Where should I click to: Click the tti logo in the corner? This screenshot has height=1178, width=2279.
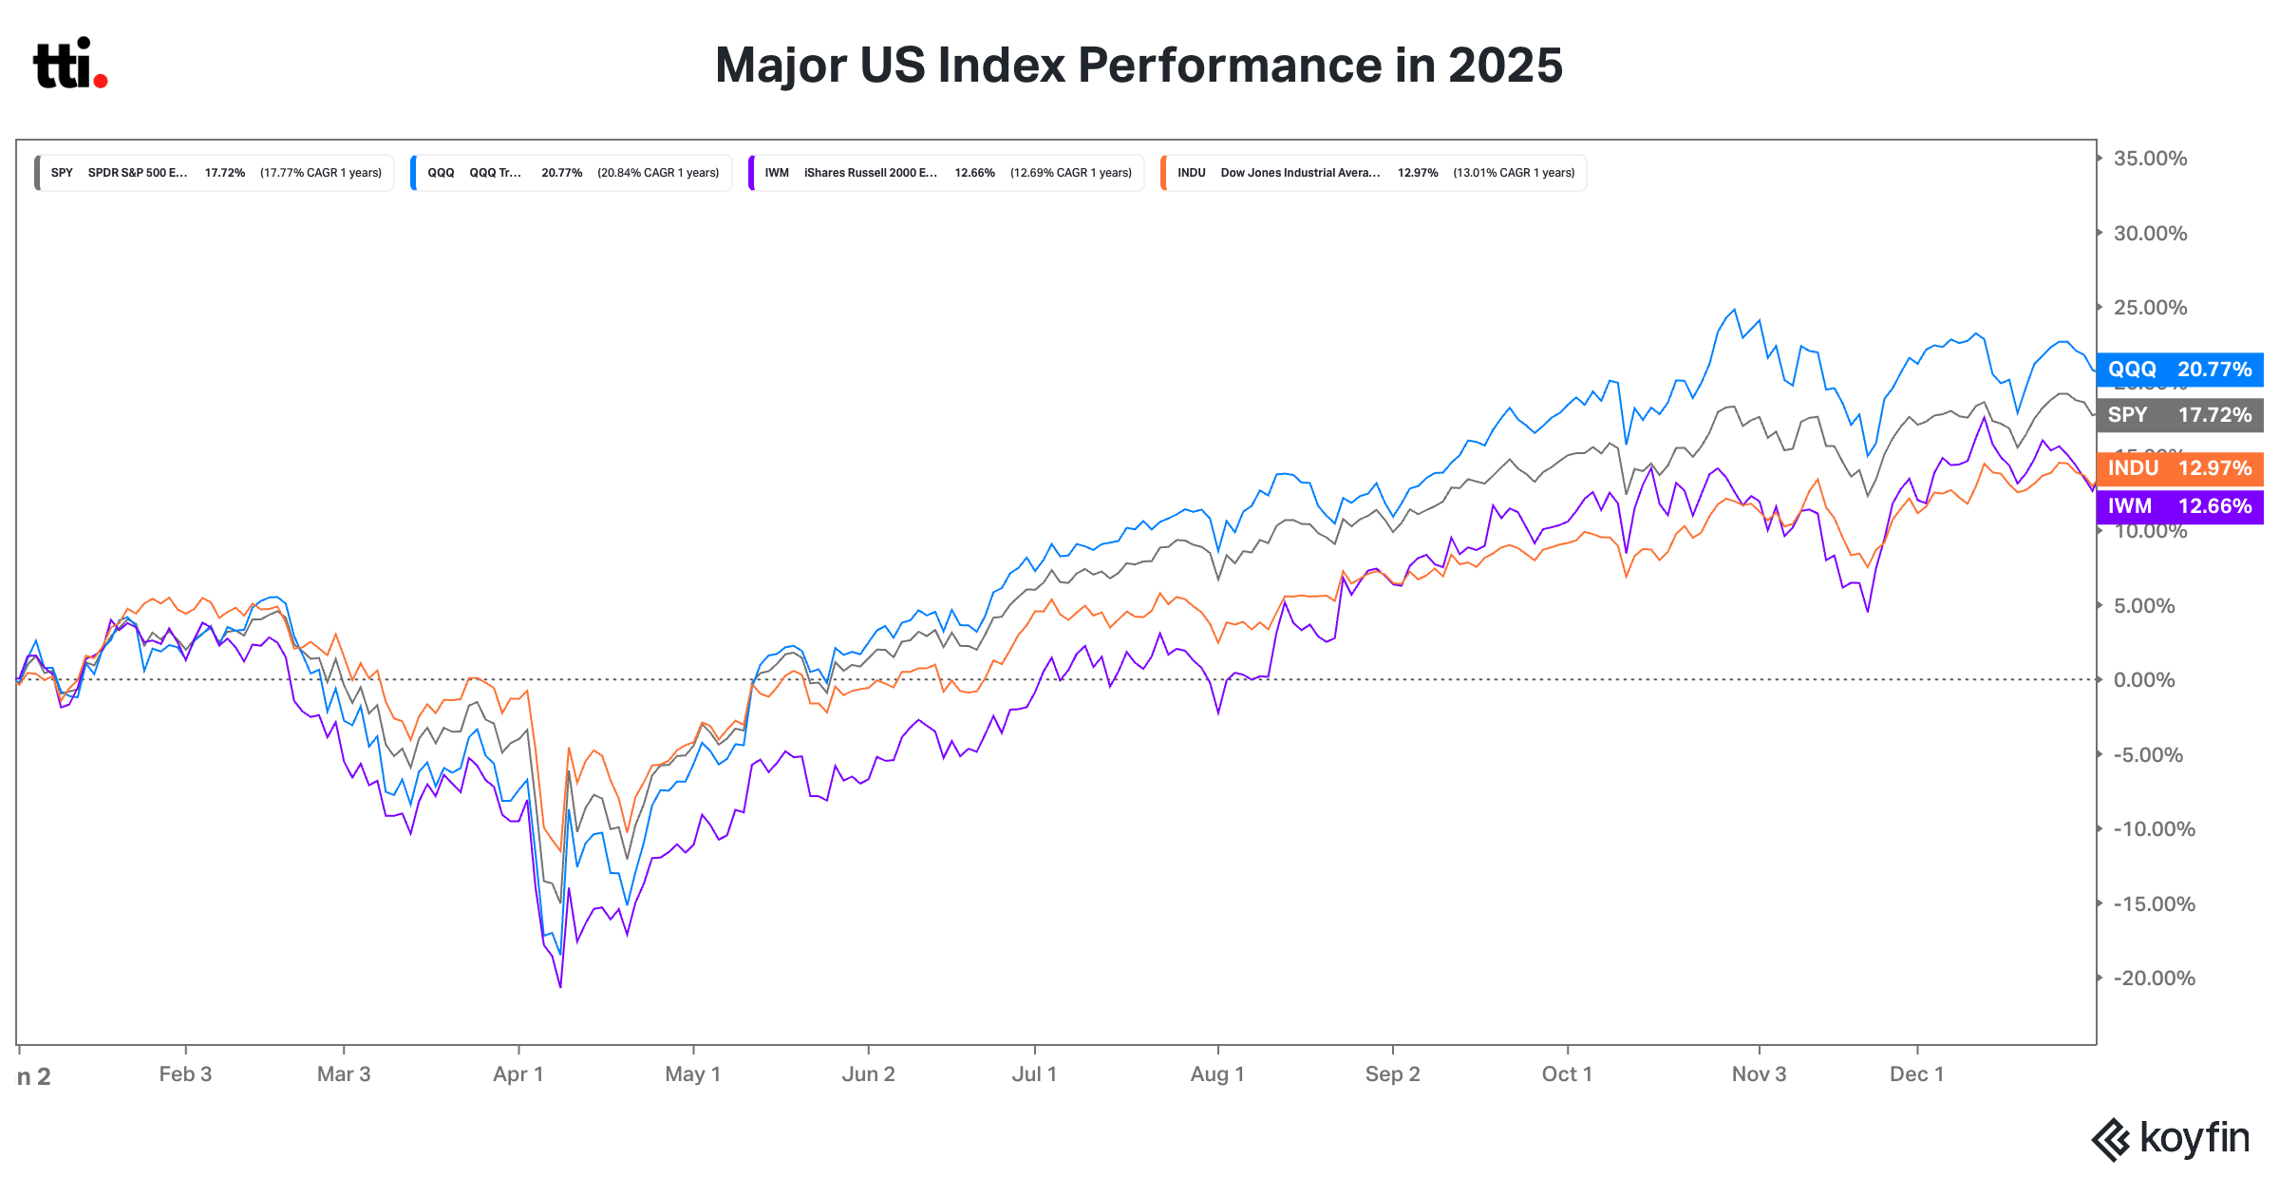(x=70, y=64)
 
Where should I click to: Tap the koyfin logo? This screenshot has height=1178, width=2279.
(x=2171, y=1139)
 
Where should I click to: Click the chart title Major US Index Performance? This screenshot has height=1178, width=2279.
(x=1139, y=66)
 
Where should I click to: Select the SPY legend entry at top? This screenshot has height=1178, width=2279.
(x=215, y=173)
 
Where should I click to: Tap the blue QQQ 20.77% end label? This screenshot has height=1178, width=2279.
(x=2179, y=370)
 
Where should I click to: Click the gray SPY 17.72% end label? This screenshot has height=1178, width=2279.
(x=2179, y=415)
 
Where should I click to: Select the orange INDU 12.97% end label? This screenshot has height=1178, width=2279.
(x=2179, y=468)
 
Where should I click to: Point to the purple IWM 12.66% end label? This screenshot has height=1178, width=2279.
(x=2179, y=506)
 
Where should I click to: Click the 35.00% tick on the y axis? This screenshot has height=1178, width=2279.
(x=2150, y=159)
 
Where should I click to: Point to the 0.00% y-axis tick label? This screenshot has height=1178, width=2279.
(x=2144, y=680)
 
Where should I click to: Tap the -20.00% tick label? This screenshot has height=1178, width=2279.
(x=2154, y=978)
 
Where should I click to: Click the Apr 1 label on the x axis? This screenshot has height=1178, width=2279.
(x=518, y=1074)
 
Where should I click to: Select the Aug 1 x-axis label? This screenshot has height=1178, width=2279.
(x=1217, y=1074)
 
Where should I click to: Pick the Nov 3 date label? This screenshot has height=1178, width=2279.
(x=1759, y=1074)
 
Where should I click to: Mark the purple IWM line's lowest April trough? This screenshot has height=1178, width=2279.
(x=560, y=986)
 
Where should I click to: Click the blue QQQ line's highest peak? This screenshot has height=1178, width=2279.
(x=1735, y=310)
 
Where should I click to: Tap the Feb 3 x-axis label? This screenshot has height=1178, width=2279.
(x=185, y=1074)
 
